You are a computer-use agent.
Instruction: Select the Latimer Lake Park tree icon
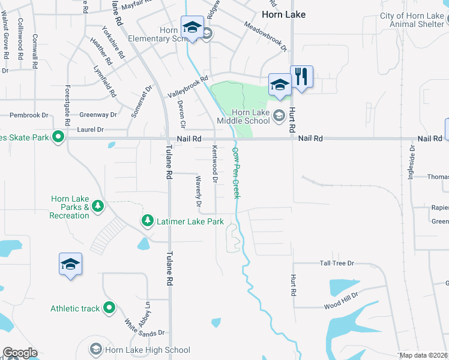(148, 221)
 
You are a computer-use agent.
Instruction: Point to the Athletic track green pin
(109, 308)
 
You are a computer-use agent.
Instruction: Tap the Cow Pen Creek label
(236, 173)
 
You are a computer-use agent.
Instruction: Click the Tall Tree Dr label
(337, 263)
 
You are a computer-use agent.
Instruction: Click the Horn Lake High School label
(148, 350)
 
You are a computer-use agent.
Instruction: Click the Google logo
(20, 353)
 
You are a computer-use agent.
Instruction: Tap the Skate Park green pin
(58, 137)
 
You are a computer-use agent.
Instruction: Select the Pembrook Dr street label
(29, 115)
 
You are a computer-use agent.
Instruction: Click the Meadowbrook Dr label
(266, 37)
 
